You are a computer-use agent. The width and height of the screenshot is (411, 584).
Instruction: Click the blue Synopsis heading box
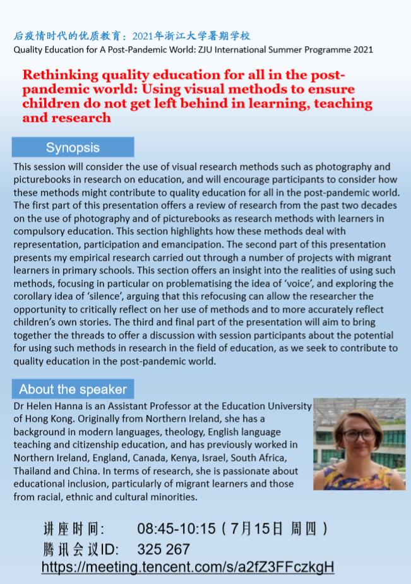(x=73, y=148)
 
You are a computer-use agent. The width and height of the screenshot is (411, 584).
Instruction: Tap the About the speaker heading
(x=73, y=389)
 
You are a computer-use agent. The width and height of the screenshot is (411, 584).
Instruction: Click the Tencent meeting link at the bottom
(x=188, y=567)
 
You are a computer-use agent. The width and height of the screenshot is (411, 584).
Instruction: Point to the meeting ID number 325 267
(x=164, y=549)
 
